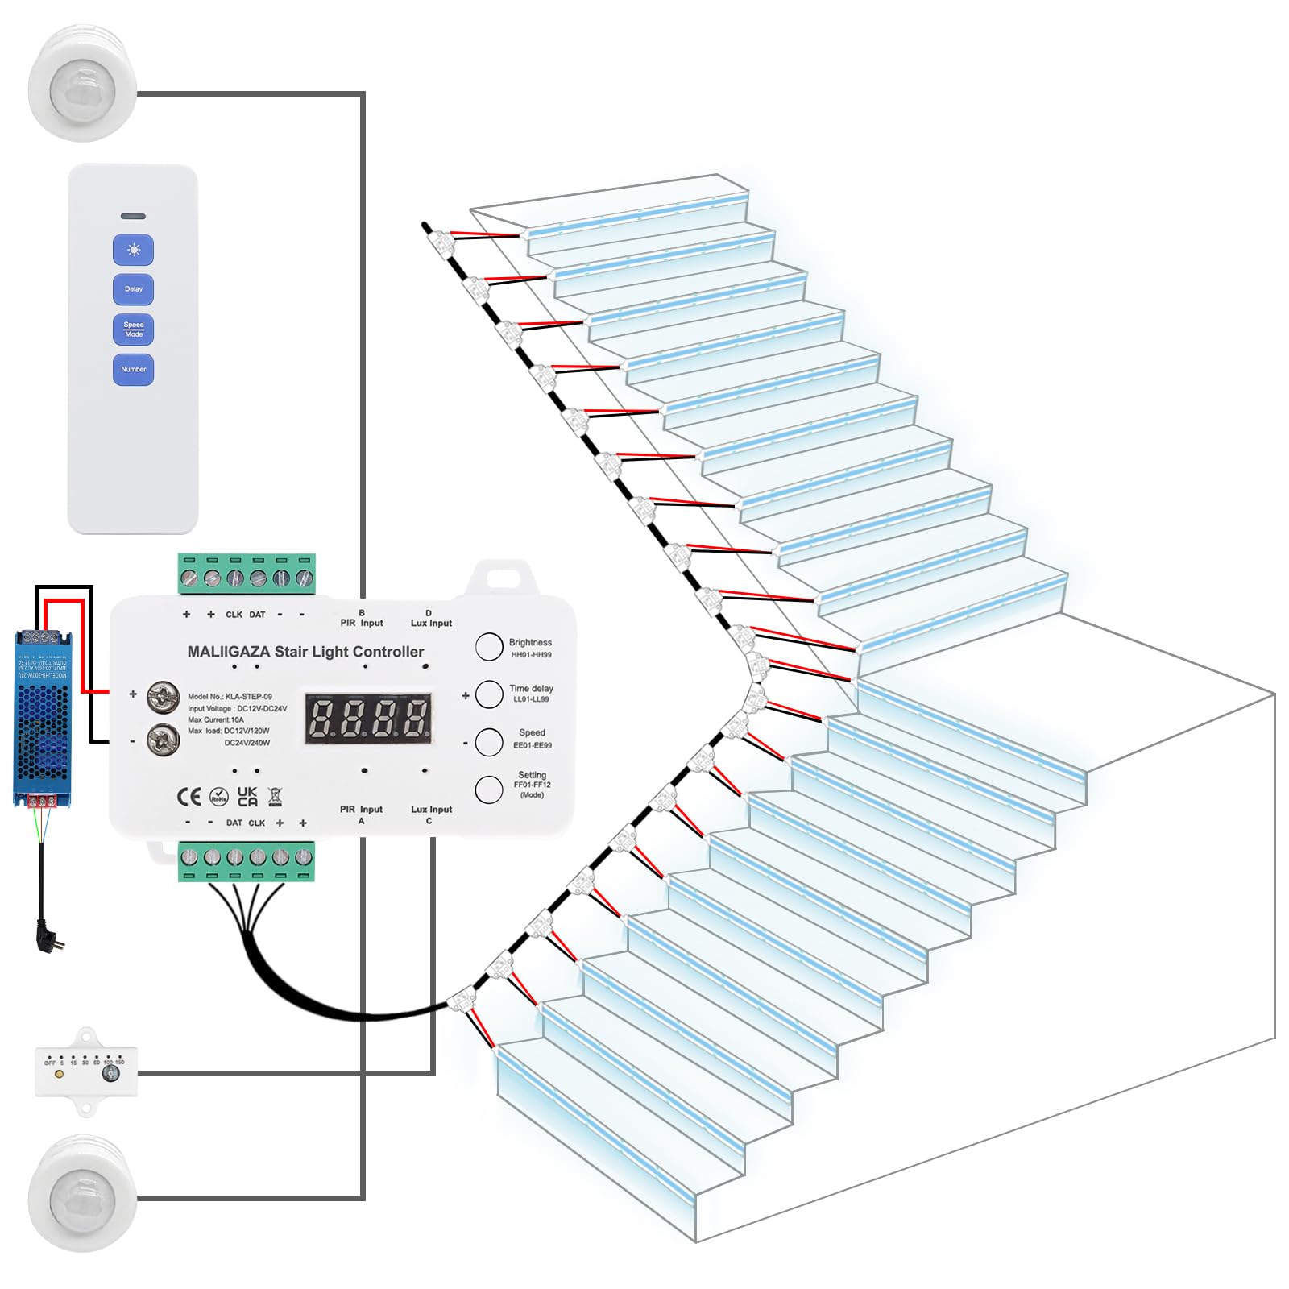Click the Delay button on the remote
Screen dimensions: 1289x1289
point(133,289)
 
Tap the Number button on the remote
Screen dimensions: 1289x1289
point(133,370)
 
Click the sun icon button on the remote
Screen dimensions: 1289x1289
point(133,250)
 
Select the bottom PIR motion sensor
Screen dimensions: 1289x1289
point(82,1195)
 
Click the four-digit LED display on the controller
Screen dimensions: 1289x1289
point(368,717)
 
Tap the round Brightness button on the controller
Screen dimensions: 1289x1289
point(489,647)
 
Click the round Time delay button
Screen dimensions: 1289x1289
point(489,694)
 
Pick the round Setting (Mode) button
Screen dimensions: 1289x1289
point(489,790)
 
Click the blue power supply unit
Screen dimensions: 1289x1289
point(43,717)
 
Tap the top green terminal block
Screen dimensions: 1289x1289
point(247,574)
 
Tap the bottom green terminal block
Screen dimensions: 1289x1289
point(247,860)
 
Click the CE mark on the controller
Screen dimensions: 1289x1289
point(189,798)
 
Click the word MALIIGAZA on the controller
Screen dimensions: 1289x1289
point(229,652)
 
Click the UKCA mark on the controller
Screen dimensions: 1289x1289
point(247,797)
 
